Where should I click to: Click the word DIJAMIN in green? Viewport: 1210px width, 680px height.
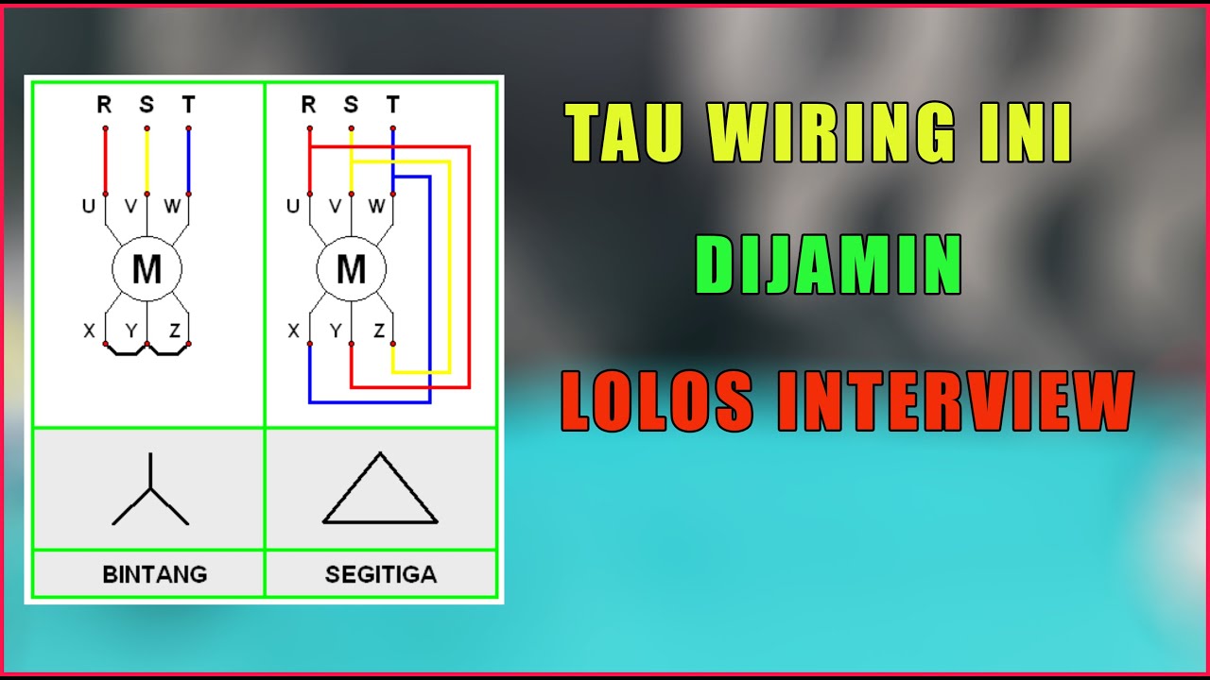click(829, 264)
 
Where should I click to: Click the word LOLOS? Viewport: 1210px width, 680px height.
click(657, 401)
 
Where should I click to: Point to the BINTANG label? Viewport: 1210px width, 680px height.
click(155, 574)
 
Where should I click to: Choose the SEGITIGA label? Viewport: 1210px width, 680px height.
click(381, 574)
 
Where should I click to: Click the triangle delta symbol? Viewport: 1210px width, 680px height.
click(380, 488)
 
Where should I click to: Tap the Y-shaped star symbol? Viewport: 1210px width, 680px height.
click(150, 489)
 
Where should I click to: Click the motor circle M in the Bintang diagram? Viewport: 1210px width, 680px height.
click(147, 269)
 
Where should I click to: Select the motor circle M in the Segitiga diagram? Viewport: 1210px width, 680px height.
click(351, 269)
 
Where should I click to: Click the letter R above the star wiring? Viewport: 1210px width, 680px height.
click(104, 104)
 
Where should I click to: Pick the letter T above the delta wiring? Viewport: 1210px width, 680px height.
click(392, 104)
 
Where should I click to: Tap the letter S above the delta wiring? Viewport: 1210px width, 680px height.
click(351, 104)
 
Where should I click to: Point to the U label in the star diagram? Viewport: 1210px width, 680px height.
click(89, 206)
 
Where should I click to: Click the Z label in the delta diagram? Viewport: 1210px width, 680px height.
click(379, 331)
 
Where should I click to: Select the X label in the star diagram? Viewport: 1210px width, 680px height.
click(89, 331)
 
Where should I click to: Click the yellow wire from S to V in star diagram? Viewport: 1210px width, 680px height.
click(147, 161)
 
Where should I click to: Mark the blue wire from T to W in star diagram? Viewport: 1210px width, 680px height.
click(188, 161)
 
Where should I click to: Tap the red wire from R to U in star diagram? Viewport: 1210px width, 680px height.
click(105, 161)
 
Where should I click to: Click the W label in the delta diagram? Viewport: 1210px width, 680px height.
click(376, 206)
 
